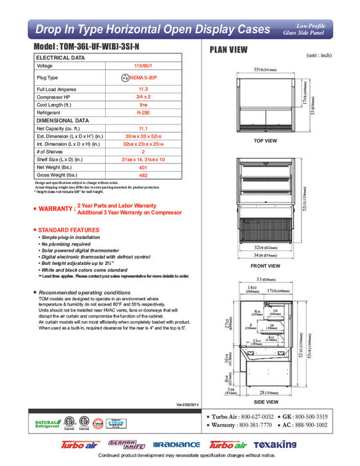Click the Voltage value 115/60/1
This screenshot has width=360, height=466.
(x=142, y=66)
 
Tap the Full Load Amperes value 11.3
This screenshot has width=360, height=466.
(x=142, y=89)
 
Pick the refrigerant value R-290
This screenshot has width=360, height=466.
(x=142, y=113)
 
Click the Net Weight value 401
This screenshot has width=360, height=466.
(x=142, y=167)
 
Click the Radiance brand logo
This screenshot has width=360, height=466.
(x=176, y=445)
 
